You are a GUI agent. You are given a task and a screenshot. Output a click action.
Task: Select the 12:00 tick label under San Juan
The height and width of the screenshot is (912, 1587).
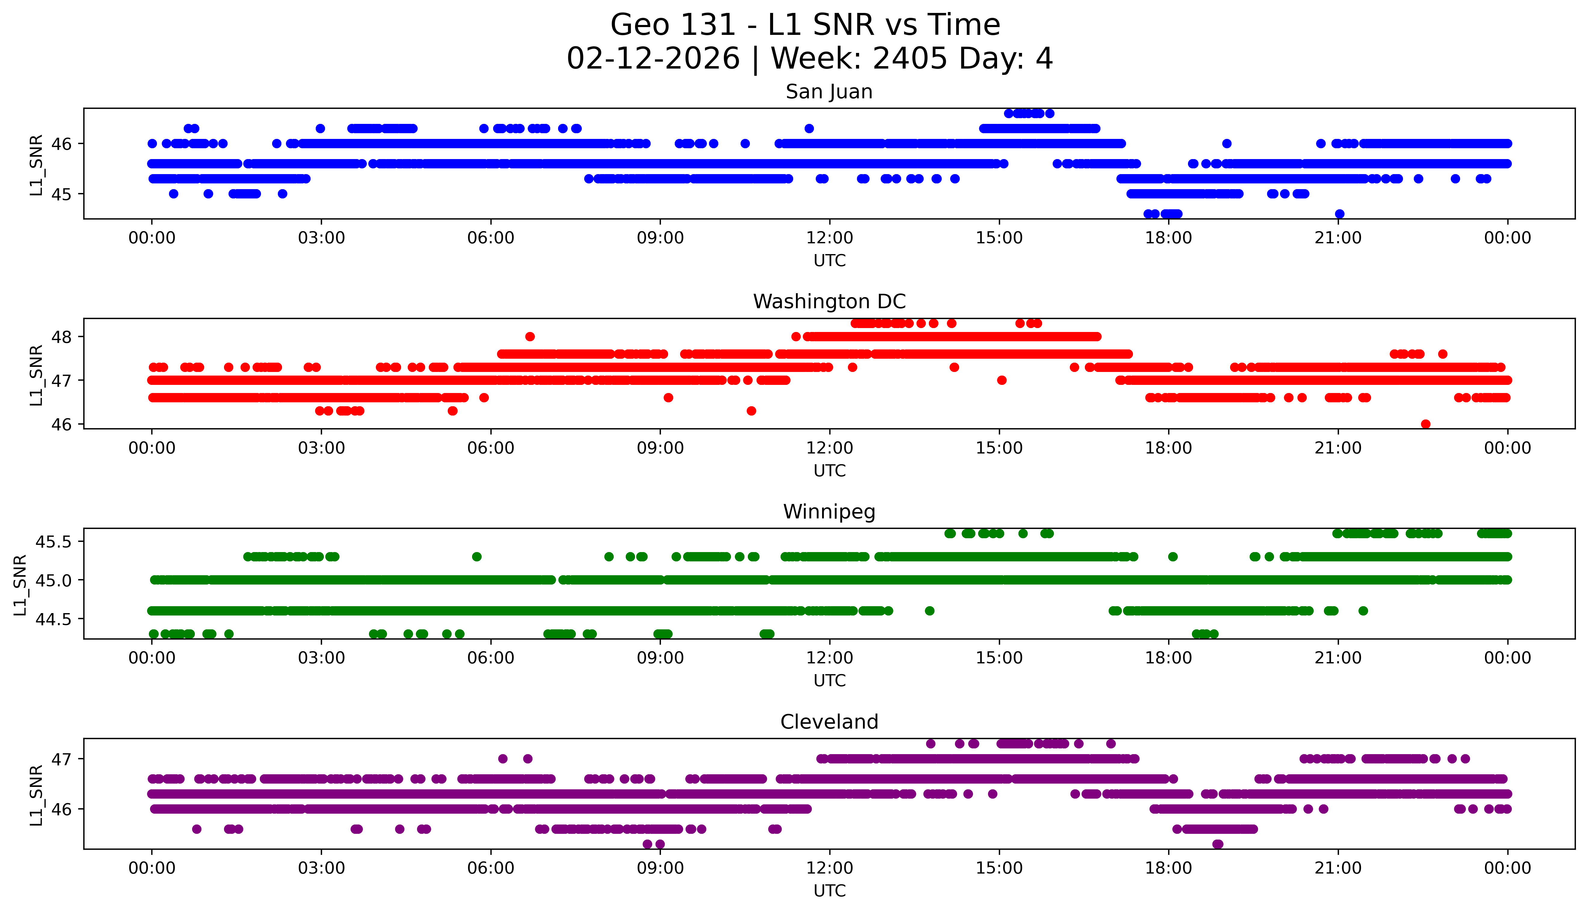pyautogui.click(x=829, y=238)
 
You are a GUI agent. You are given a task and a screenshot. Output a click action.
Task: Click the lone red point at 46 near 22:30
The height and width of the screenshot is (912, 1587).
pyautogui.click(x=1426, y=424)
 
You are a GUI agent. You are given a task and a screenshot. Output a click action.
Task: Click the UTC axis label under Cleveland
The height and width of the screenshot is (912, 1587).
pyautogui.click(x=829, y=891)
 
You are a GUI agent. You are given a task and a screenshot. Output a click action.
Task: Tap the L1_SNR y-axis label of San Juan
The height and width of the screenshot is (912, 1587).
pyautogui.click(x=36, y=165)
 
